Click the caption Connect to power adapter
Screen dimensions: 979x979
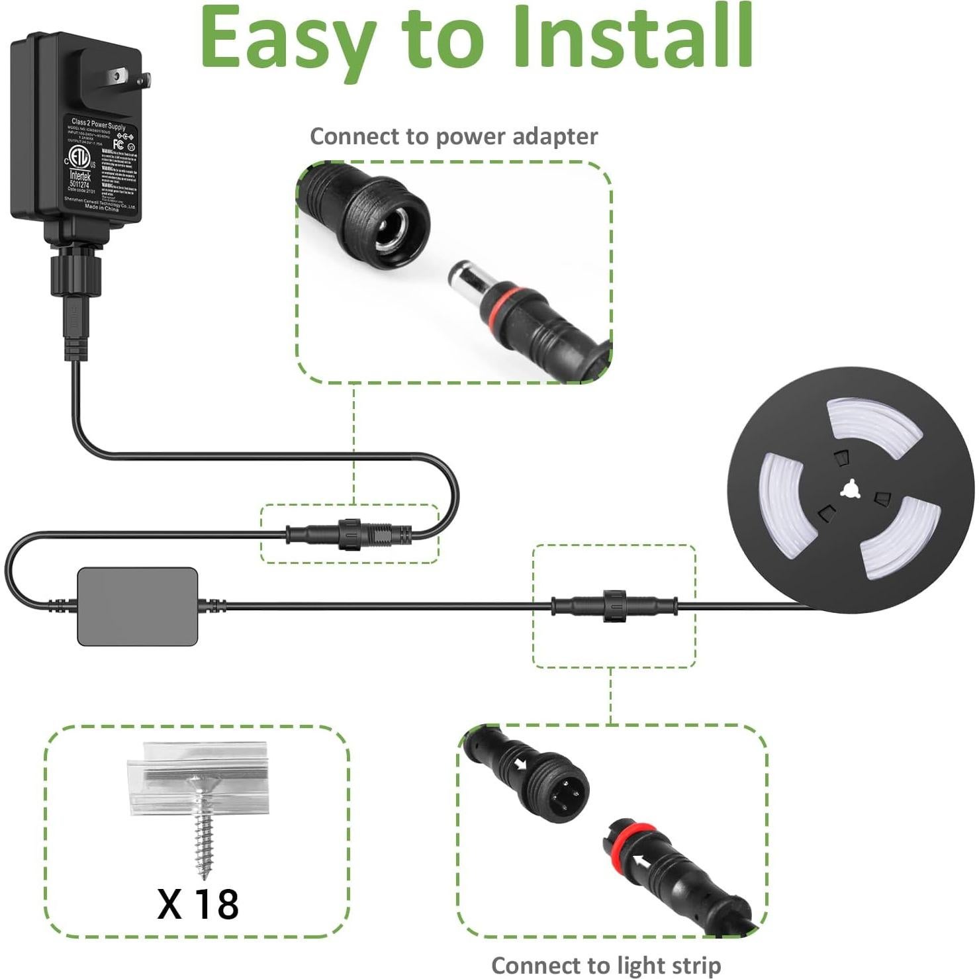pyautogui.click(x=453, y=136)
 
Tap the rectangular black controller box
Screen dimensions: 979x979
pyautogui.click(x=138, y=606)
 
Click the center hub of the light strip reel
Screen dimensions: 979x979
pyautogui.click(x=850, y=490)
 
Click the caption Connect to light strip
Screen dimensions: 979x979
pyautogui.click(x=606, y=965)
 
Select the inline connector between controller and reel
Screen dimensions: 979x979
pyautogui.click(x=614, y=604)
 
